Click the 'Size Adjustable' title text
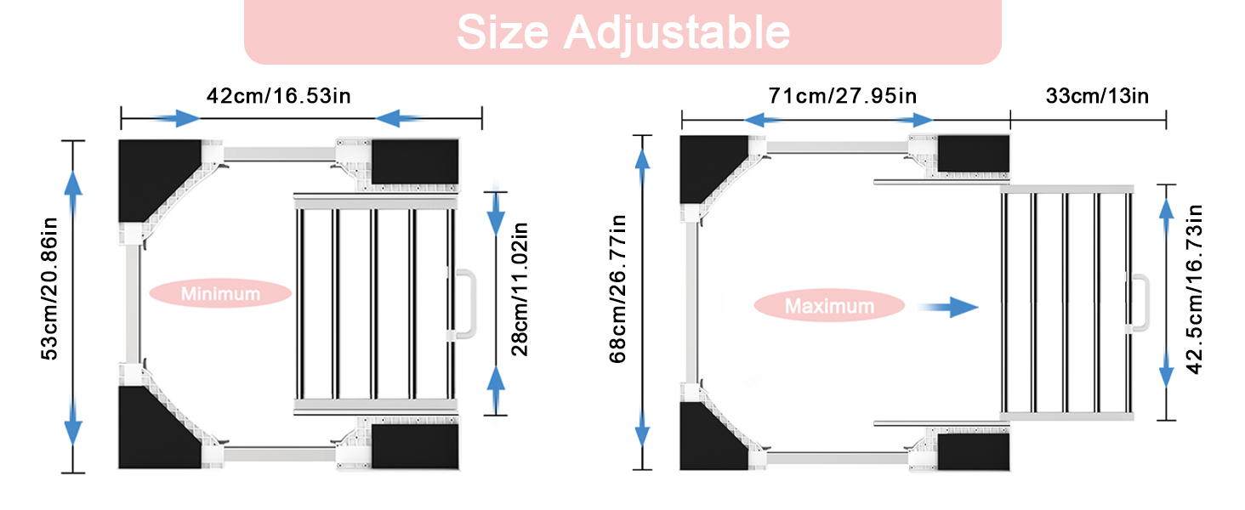tap(623, 32)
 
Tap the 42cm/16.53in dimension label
tap(278, 95)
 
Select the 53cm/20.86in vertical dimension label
tap(49, 289)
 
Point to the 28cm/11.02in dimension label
tap(519, 290)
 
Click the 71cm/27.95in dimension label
tap(843, 95)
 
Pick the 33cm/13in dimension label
tap(1097, 95)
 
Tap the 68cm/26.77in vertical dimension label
tap(617, 289)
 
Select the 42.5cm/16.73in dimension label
tap(1194, 290)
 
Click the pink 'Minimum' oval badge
tap(220, 293)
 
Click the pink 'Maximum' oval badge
tap(829, 305)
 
